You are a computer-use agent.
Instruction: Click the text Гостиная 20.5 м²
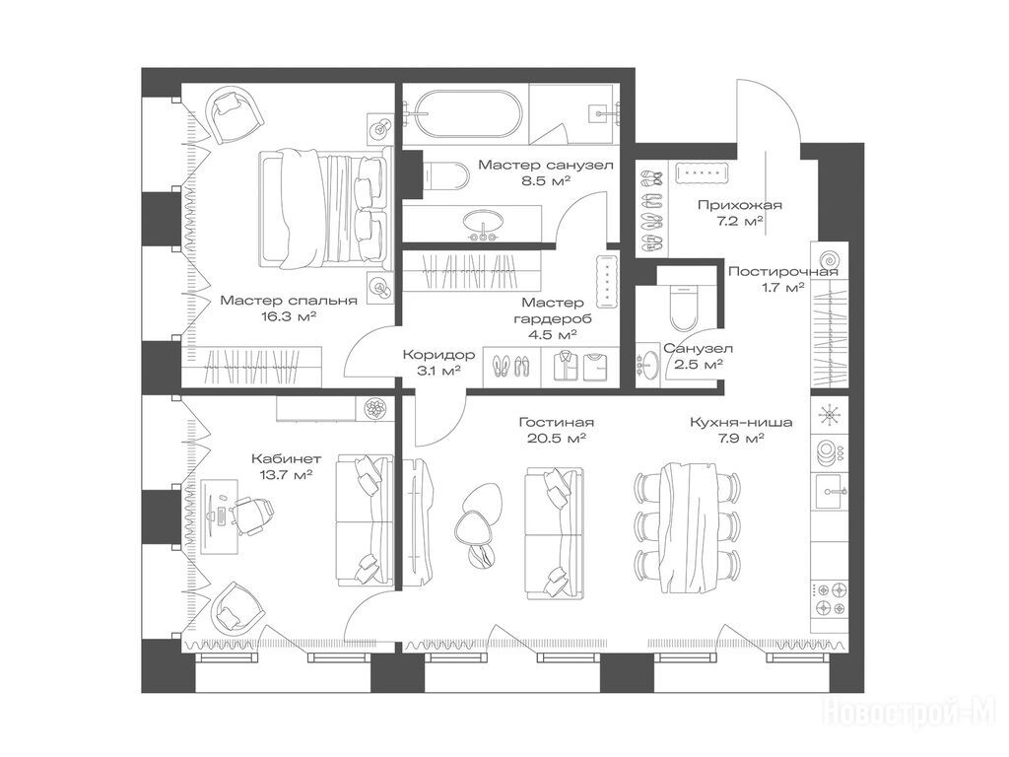(556, 430)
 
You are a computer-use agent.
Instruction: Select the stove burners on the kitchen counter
(829, 598)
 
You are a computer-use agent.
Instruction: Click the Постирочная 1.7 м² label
(783, 279)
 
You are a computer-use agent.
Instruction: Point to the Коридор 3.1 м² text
(439, 362)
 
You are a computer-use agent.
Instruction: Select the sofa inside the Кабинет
(365, 519)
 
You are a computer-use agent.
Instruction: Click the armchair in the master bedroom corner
(235, 115)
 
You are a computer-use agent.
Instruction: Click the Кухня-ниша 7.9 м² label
(741, 430)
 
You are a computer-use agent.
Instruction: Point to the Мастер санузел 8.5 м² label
(546, 172)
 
